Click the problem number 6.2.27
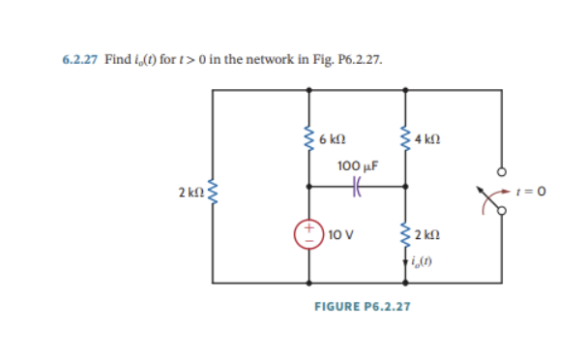[x=79, y=59]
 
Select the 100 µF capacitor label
[x=357, y=165]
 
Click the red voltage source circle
[x=309, y=234]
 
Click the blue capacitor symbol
[x=356, y=188]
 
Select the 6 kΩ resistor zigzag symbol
[x=309, y=142]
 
